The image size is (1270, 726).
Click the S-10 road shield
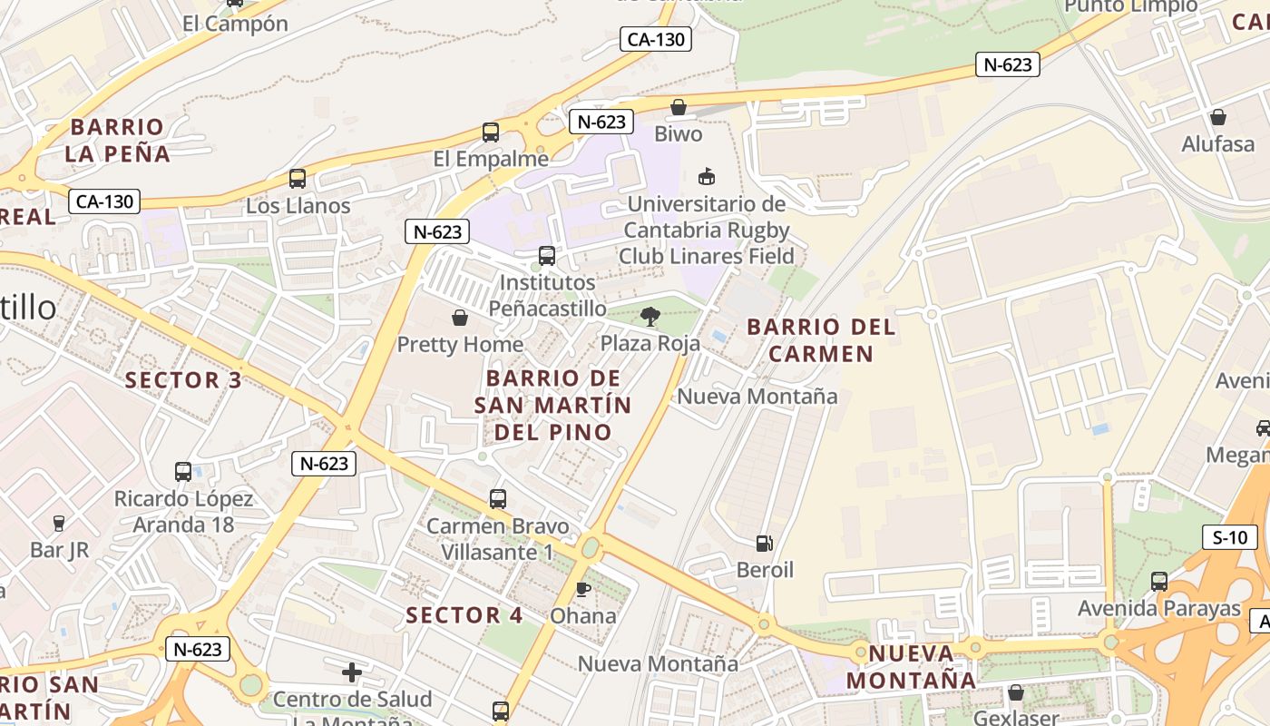point(1230,537)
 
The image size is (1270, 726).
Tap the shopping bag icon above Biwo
point(678,108)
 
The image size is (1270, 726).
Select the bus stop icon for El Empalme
point(491,132)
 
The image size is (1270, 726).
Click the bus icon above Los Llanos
point(298,179)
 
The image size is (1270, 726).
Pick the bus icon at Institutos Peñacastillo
point(546,256)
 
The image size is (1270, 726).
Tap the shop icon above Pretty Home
point(460,318)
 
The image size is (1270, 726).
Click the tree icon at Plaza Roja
point(650,317)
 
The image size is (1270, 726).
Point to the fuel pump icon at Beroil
point(765,544)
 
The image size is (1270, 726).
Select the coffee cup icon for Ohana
point(583,589)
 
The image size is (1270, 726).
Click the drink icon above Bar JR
point(59,523)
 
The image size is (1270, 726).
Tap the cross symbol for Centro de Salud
point(352,672)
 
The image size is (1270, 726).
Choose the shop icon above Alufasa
point(1217,117)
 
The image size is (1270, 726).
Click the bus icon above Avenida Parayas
point(1158,582)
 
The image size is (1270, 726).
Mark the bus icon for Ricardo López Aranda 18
point(183,472)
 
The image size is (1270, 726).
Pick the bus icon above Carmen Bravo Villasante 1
point(497,498)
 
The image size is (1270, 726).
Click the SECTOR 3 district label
point(183,380)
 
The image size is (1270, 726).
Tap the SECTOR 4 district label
point(464,615)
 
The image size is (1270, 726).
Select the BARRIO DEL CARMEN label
point(821,339)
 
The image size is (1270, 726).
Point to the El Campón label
point(235,24)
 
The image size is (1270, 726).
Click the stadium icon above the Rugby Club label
point(706,176)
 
